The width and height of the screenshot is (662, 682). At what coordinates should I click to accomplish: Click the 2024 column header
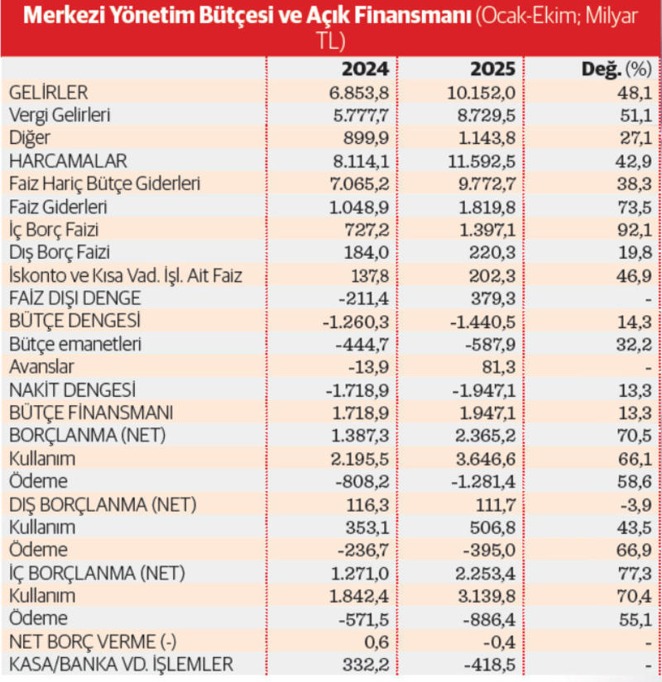pyautogui.click(x=370, y=68)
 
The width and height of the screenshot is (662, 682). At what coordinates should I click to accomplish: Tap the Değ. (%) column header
pyautogui.click(x=612, y=68)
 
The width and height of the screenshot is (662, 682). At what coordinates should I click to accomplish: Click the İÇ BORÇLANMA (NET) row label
pyautogui.click(x=96, y=572)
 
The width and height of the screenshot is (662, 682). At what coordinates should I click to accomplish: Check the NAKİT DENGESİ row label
pyautogui.click(x=70, y=389)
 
